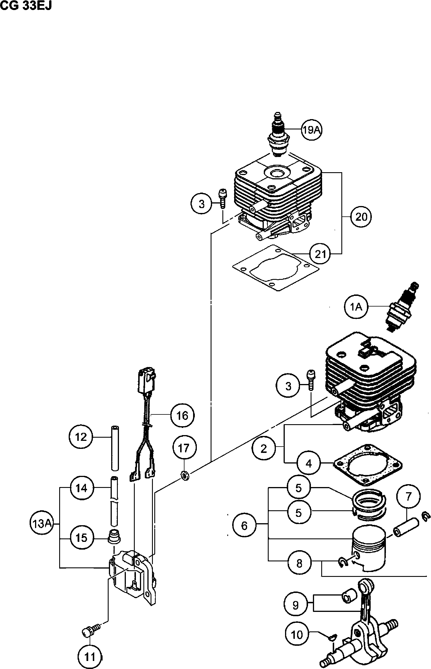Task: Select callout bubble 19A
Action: click(x=312, y=130)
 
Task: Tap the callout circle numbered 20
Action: click(x=361, y=217)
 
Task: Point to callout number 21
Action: click(x=320, y=254)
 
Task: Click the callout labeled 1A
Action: click(x=356, y=307)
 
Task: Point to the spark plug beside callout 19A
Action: click(x=278, y=135)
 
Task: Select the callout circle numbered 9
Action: click(x=295, y=605)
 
